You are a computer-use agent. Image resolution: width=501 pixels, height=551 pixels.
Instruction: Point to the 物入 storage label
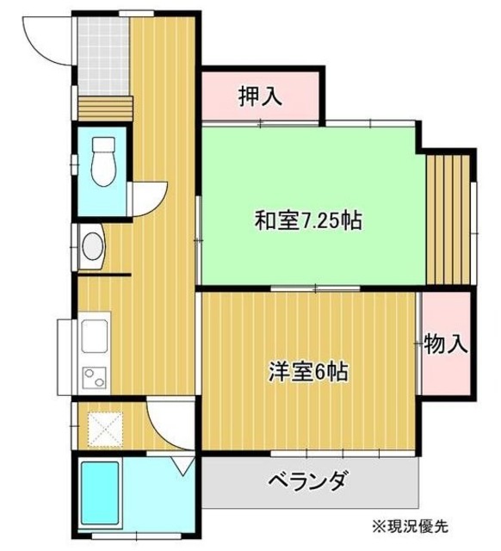coord(446,345)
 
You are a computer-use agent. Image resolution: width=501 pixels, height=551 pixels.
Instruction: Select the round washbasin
coord(92,248)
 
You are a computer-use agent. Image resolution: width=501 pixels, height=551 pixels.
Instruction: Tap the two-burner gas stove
coord(92,377)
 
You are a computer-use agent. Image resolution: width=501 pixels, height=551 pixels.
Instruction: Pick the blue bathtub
coord(100,492)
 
